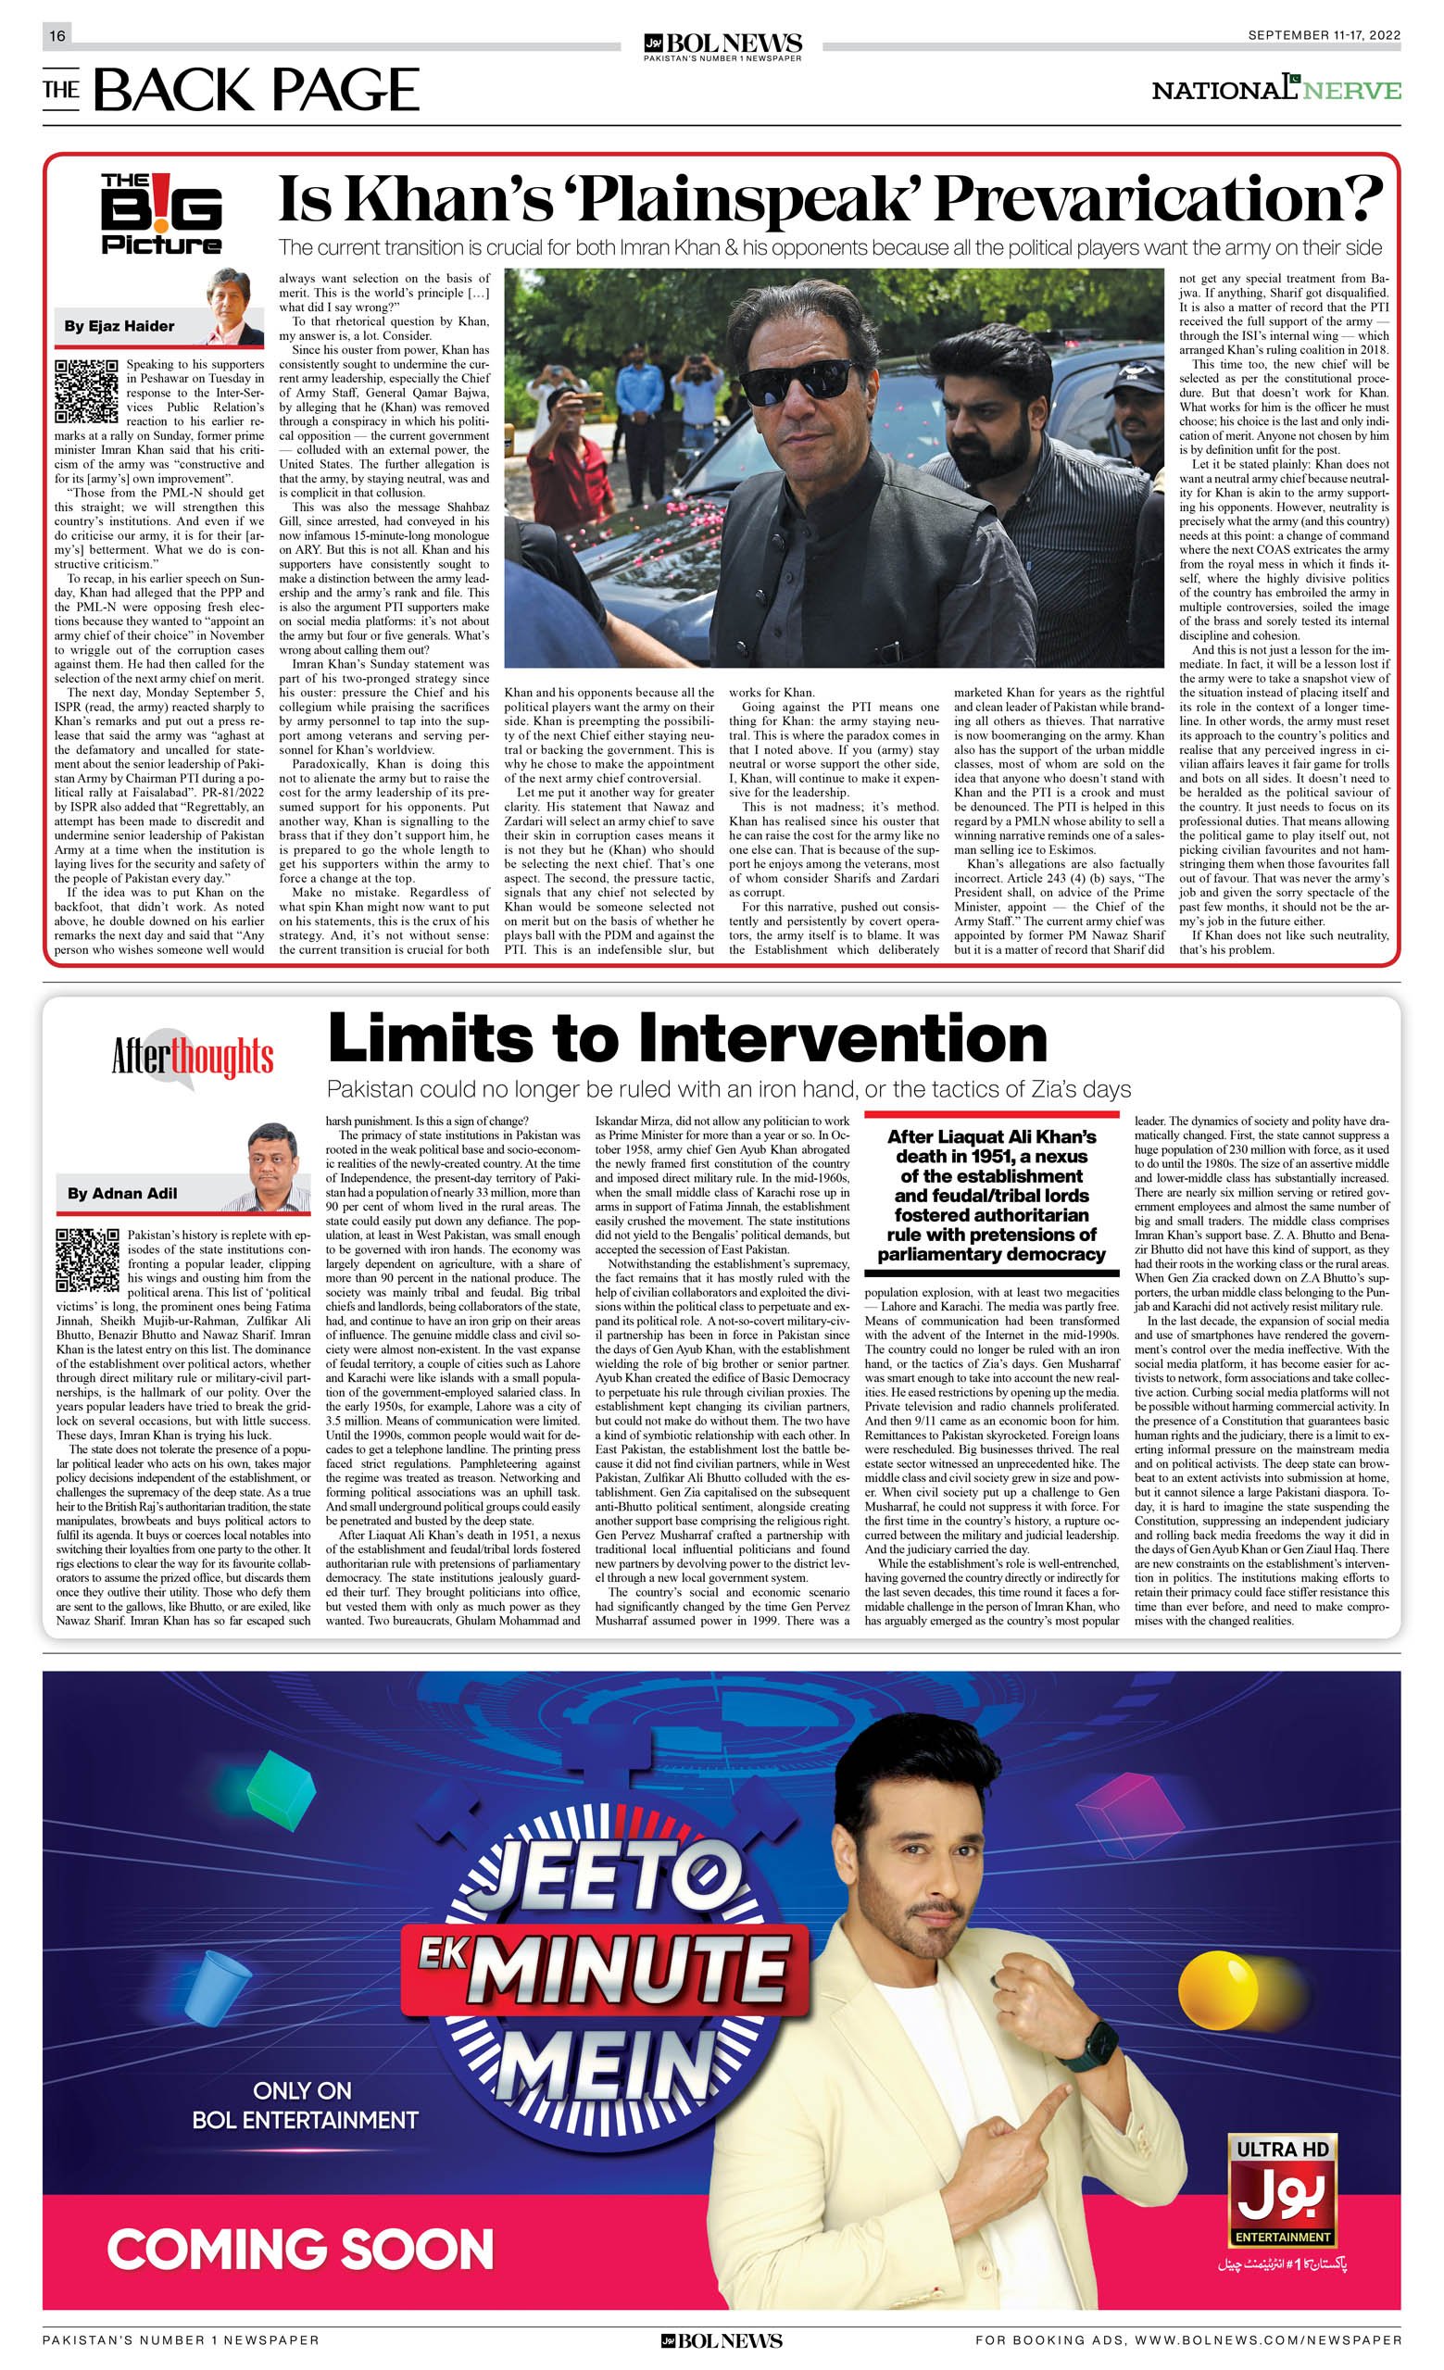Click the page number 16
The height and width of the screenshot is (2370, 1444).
tap(57, 35)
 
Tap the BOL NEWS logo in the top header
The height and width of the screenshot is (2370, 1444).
tap(722, 45)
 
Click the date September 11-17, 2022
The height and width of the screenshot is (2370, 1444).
tap(1324, 35)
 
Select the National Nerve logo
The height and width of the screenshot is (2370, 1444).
tap(1275, 90)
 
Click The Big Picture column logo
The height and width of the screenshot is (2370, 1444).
tap(161, 214)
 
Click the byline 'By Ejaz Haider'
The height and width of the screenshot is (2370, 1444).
tap(119, 326)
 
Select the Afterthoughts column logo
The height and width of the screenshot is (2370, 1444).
tap(193, 1057)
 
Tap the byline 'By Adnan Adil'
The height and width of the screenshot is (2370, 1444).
tap(122, 1194)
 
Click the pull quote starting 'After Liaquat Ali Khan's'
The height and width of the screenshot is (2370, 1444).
tap(991, 1196)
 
